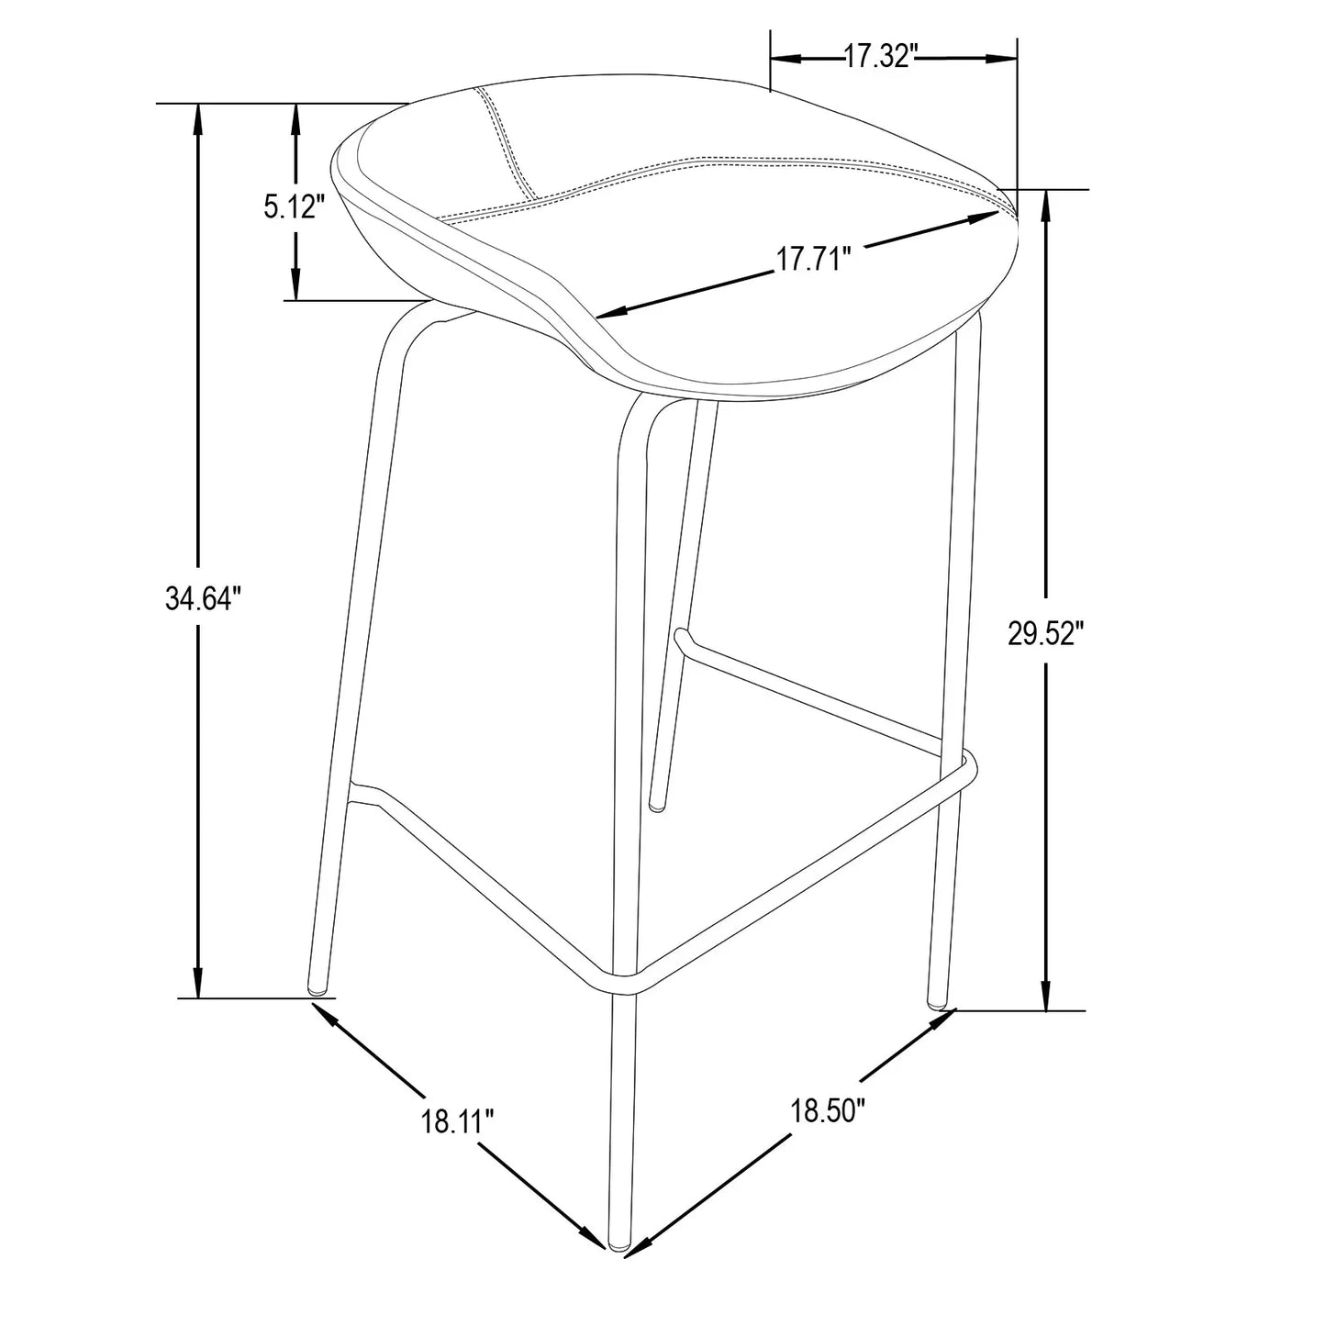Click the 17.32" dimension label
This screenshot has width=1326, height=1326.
(x=880, y=57)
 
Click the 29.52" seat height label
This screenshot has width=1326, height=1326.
(x=1045, y=633)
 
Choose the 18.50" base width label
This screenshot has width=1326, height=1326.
(x=828, y=1111)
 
